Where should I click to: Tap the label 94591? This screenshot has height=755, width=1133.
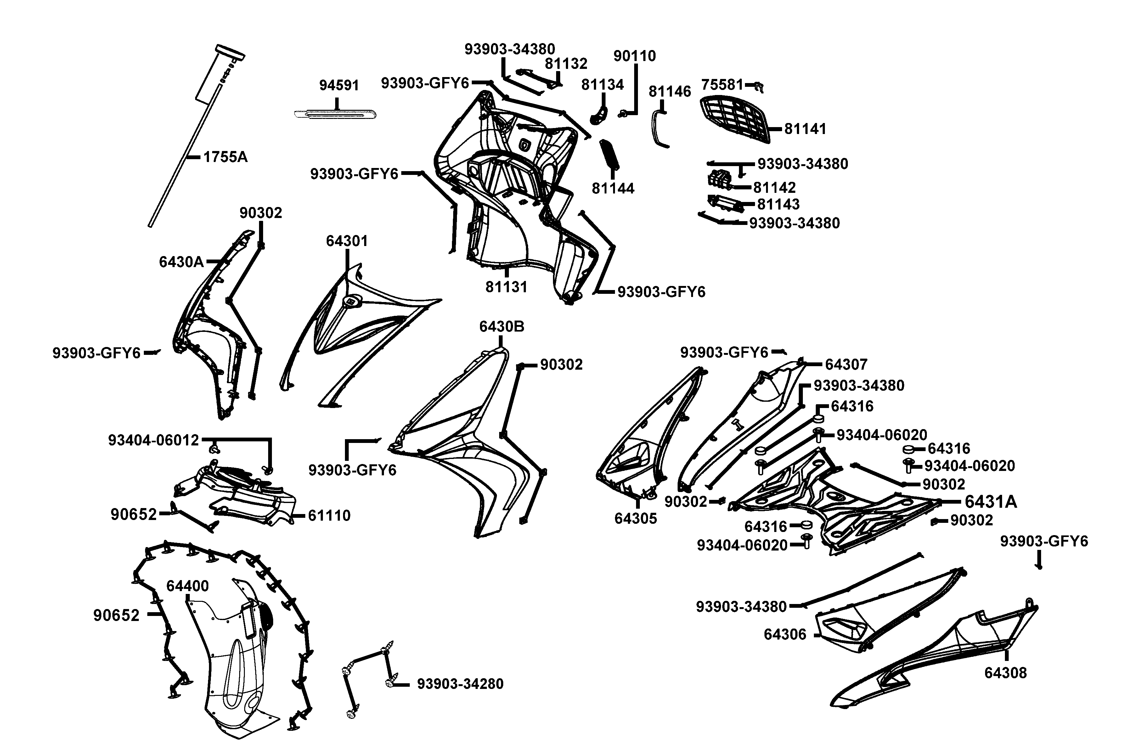pyautogui.click(x=339, y=85)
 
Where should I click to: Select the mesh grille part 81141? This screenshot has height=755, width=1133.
pyautogui.click(x=734, y=118)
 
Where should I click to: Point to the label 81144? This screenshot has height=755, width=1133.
pyautogui.click(x=613, y=188)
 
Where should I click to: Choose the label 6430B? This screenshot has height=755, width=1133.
pyautogui.click(x=501, y=327)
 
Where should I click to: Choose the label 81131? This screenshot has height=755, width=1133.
pyautogui.click(x=506, y=287)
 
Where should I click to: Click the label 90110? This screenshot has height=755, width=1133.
pyautogui.click(x=634, y=56)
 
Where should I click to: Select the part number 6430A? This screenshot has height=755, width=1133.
pyautogui.click(x=181, y=262)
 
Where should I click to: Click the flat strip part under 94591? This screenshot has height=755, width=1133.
pyautogui.click(x=335, y=115)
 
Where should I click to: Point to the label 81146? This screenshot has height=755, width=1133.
pyautogui.click(x=670, y=92)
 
